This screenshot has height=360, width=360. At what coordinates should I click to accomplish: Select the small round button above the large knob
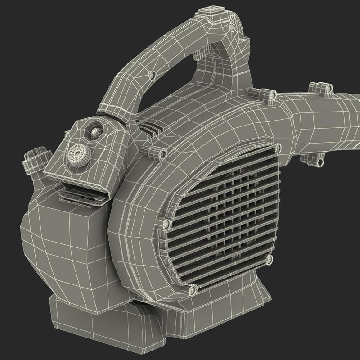pyautogui.click(x=95, y=133)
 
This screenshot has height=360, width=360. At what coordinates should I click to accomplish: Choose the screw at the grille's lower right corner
pyautogui.click(x=269, y=259)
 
